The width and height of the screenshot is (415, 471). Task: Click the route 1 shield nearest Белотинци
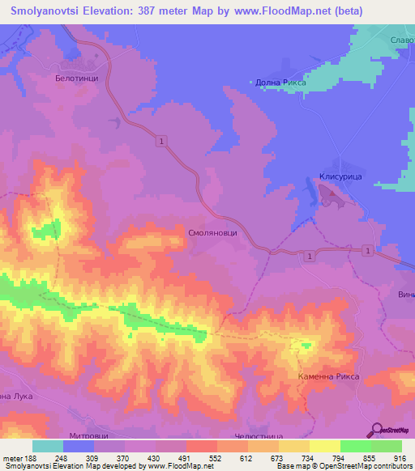pos(164,142)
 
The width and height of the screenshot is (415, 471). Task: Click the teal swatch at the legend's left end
pos(47,446)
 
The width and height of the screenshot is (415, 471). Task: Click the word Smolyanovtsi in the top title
pos(50,11)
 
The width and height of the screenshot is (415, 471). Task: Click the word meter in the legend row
pos(12,459)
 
